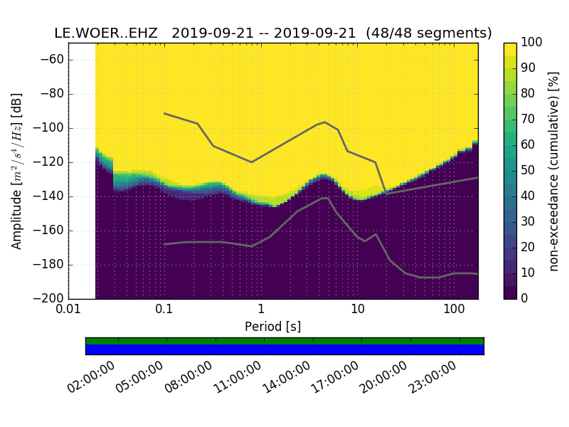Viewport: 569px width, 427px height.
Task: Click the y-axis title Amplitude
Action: [x=17, y=171]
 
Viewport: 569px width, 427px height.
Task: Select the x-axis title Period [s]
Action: [x=273, y=327]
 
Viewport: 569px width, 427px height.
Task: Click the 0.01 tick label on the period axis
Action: [x=68, y=310]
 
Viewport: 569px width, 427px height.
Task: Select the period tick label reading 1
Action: [x=261, y=310]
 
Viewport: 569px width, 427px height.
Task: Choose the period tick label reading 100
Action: [x=454, y=310]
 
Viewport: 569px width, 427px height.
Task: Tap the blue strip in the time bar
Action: [x=284, y=349]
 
